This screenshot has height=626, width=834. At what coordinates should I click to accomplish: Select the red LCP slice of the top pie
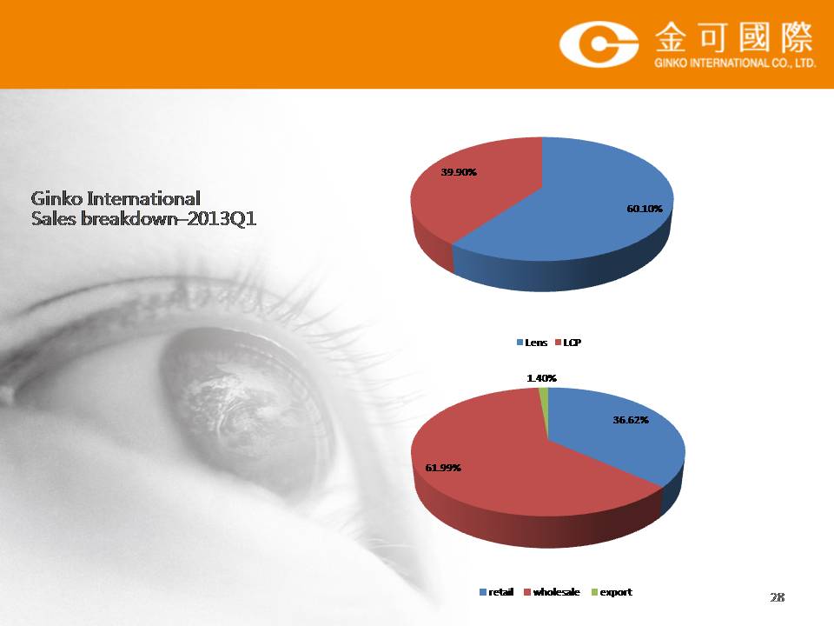[x=473, y=197]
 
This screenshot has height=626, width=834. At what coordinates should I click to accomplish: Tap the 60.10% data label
[x=645, y=209]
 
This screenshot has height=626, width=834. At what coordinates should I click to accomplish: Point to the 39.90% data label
[x=459, y=172]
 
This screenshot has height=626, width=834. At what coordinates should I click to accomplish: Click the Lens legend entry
[x=532, y=343]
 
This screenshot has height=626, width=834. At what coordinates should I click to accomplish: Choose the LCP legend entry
[x=568, y=343]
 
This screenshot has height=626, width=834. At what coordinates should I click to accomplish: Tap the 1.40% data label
[x=541, y=378]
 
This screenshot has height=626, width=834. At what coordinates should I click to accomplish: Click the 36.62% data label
[x=631, y=420]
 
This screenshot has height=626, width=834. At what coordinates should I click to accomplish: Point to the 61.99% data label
[x=443, y=468]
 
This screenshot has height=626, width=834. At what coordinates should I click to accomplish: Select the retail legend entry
[x=497, y=592]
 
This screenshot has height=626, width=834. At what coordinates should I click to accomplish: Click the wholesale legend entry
[x=553, y=592]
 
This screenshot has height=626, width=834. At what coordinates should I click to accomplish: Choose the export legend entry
[x=612, y=592]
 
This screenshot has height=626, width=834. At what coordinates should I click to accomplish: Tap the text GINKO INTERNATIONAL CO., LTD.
[x=735, y=63]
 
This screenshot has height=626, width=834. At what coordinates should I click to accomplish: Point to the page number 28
[x=777, y=597]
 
